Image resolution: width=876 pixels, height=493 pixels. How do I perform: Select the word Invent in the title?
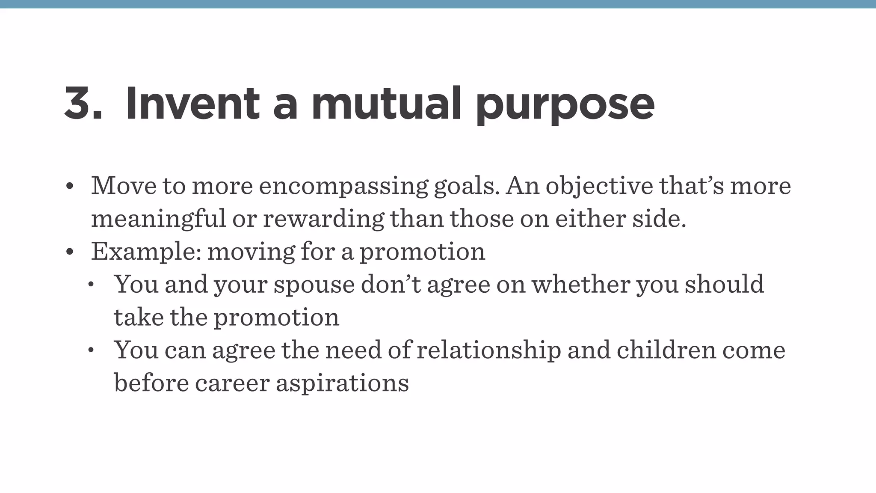tap(192, 104)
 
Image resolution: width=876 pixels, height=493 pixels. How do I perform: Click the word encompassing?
tap(343, 187)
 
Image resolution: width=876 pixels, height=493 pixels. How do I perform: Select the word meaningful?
tap(158, 219)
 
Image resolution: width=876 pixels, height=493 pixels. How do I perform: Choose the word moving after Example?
tap(251, 252)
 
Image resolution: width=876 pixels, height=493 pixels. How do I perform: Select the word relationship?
tap(488, 350)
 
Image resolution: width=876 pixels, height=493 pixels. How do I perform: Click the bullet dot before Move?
tap(70, 187)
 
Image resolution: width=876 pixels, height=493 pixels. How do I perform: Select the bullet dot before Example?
tap(70, 252)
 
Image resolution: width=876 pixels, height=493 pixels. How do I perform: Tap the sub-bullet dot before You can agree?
tap(91, 350)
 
